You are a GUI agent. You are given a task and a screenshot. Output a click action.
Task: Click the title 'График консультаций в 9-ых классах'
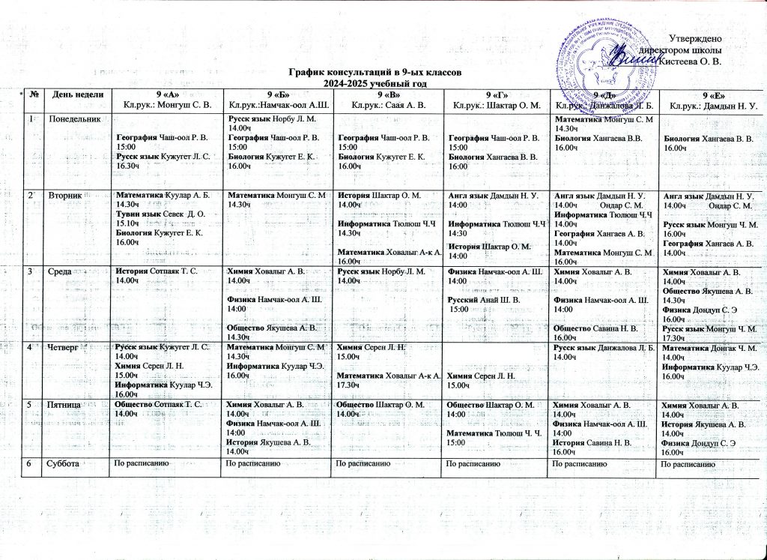tap(369, 72)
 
